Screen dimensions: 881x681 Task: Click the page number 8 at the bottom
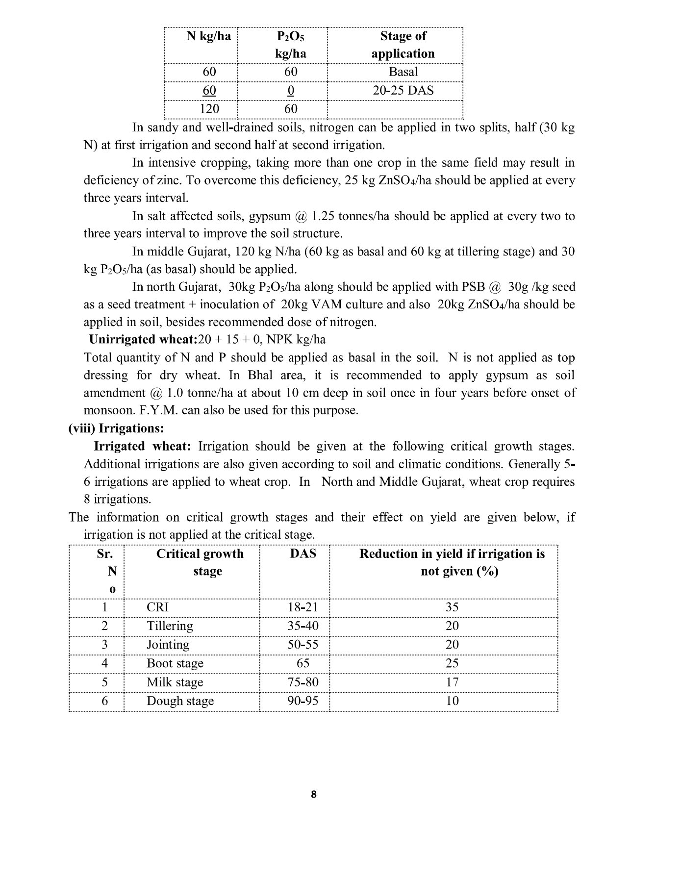coord(314,794)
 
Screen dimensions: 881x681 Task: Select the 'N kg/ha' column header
coord(209,36)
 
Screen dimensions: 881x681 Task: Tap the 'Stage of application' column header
coord(403,45)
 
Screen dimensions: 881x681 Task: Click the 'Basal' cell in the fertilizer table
coord(403,72)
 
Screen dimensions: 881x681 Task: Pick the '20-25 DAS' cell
coord(403,90)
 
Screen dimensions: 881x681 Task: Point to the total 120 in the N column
coord(209,108)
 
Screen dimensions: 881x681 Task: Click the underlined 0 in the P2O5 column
coord(291,90)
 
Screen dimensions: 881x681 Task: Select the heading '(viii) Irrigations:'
coord(116,428)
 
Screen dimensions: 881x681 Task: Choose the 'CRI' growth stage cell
coord(157,607)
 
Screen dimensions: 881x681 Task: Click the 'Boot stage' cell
coord(175,663)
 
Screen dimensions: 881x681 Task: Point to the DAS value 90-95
coord(303,701)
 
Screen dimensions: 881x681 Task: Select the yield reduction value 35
coord(452,607)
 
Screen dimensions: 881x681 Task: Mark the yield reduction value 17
coord(452,682)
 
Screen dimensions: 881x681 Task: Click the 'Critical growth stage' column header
coord(200,562)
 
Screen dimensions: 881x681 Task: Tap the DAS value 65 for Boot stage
coord(303,663)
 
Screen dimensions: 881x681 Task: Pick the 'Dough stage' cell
coord(180,701)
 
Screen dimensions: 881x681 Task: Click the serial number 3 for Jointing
coord(104,645)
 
